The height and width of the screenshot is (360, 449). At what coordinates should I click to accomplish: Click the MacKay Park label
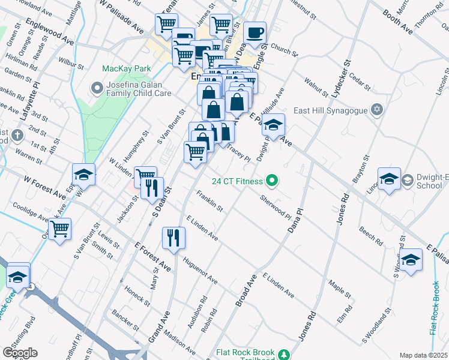coord(126,69)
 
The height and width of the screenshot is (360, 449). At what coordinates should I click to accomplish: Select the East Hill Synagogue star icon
coord(376,110)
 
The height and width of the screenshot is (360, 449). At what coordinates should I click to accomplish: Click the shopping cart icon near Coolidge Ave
coord(59,229)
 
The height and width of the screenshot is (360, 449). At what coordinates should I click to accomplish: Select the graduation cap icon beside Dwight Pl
coord(273,125)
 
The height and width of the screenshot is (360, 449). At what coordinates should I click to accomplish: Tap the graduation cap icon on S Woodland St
coord(411,260)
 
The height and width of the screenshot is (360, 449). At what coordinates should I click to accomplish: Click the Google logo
coord(20,352)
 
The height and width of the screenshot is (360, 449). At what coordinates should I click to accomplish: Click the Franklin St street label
coord(209,202)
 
